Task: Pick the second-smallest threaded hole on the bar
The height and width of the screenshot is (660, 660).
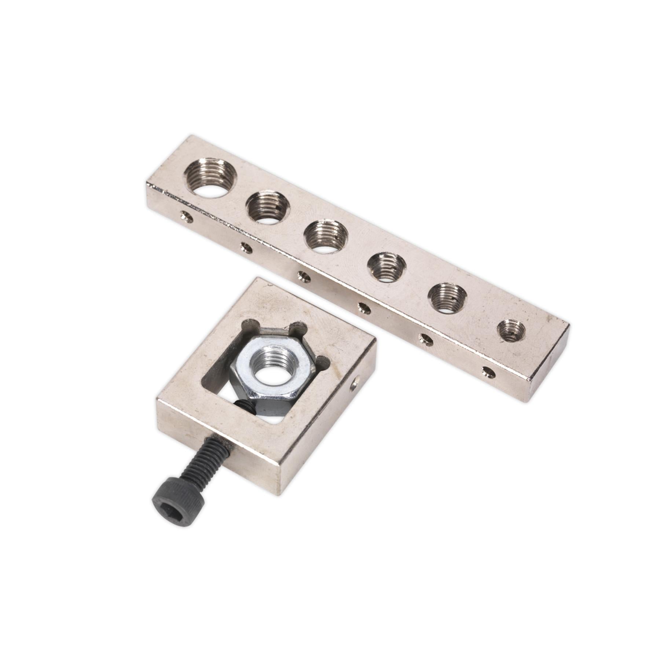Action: coord(447,298)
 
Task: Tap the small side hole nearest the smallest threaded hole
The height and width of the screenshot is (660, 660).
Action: coord(489,373)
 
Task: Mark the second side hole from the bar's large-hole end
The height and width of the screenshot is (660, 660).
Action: coord(246,249)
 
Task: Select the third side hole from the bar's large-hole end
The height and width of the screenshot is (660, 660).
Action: coord(304,278)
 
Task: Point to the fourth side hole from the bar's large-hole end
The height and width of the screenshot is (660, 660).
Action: coord(364,308)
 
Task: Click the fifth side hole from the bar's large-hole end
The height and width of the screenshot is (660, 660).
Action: coord(426,340)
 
